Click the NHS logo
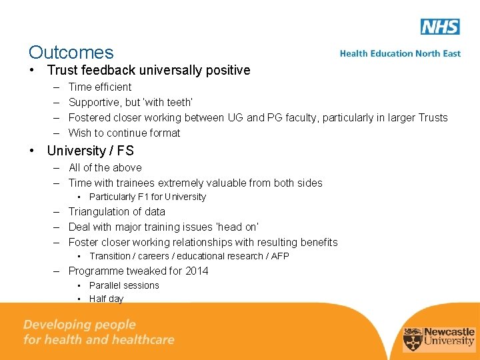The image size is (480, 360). point(440,27)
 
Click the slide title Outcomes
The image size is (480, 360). point(71,52)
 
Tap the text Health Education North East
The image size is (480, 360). point(400,53)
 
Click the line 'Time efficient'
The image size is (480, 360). point(100,87)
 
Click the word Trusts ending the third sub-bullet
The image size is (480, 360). point(433,117)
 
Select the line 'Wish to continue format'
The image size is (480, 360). point(124,133)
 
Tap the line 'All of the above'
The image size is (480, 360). point(105,167)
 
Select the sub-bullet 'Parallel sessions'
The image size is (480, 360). point(124,285)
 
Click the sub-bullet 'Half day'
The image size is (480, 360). point(107,299)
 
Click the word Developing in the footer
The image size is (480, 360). point(56,325)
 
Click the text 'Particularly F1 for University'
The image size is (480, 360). point(147,197)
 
